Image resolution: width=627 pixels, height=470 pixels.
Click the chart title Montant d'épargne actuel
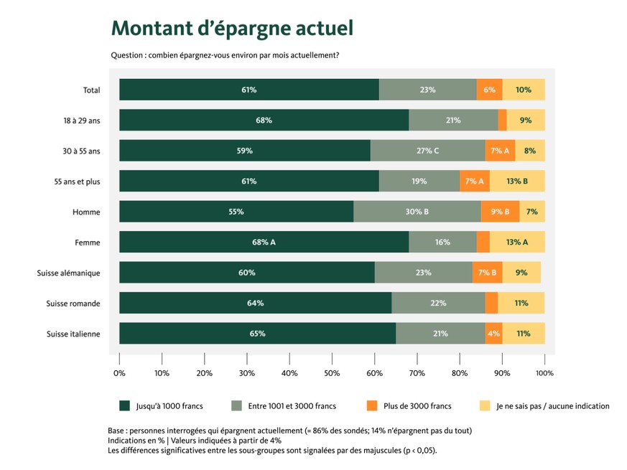pos(232,29)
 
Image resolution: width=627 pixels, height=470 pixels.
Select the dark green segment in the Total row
pos(249,90)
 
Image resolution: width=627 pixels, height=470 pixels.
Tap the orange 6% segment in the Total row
pos(489,90)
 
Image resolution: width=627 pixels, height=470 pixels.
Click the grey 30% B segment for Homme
pos(417,212)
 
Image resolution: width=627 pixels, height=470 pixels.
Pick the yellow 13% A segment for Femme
pos(517,242)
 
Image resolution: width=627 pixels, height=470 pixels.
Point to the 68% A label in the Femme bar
pos(264,242)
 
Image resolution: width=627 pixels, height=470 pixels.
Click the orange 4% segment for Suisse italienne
pos(493,333)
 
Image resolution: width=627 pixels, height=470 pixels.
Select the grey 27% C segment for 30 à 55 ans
pos(427,151)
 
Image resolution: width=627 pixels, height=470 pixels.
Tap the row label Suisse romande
pos(73,303)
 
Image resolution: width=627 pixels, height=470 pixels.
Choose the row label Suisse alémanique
pos(68,273)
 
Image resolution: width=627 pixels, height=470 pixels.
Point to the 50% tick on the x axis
pos(332,373)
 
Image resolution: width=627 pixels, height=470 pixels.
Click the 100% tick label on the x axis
pos(544,373)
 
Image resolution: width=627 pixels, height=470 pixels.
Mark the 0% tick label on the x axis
pos(120,373)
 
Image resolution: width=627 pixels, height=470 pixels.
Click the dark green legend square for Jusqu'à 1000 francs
pos(124,406)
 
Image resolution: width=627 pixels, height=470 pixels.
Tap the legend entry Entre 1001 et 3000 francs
pos(292,406)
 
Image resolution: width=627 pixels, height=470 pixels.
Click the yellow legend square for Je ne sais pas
pos(485,406)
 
